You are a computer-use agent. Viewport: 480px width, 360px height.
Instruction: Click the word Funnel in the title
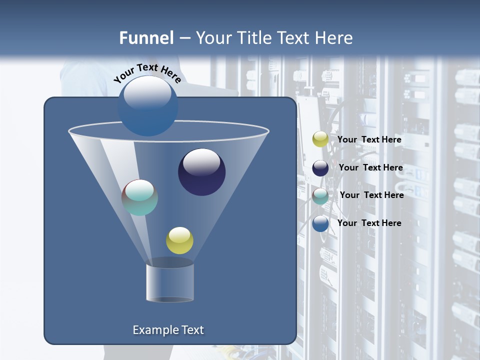click(146, 38)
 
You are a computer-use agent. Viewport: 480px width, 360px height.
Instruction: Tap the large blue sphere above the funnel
click(147, 105)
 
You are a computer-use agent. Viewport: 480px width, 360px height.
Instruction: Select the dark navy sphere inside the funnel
click(201, 172)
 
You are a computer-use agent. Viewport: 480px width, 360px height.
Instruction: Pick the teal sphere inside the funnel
click(139, 197)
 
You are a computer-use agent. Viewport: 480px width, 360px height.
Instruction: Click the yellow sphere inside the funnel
click(179, 240)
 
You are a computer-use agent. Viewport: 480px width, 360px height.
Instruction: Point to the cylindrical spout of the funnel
click(169, 282)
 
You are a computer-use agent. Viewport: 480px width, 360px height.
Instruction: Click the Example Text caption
click(168, 330)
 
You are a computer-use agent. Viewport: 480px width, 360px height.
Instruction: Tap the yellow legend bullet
click(320, 139)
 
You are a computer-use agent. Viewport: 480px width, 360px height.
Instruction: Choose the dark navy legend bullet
click(320, 168)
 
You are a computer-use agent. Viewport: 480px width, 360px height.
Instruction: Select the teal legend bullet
click(320, 196)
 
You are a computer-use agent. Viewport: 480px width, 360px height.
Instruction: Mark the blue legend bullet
click(320, 223)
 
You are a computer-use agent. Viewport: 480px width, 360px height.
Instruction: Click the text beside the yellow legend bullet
click(369, 140)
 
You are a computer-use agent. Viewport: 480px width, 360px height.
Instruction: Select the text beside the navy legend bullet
click(370, 168)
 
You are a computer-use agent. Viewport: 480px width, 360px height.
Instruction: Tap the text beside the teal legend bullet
click(371, 195)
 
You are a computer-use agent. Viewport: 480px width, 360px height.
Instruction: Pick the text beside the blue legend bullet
click(369, 223)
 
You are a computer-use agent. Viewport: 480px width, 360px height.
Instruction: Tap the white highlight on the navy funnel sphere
click(201, 162)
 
